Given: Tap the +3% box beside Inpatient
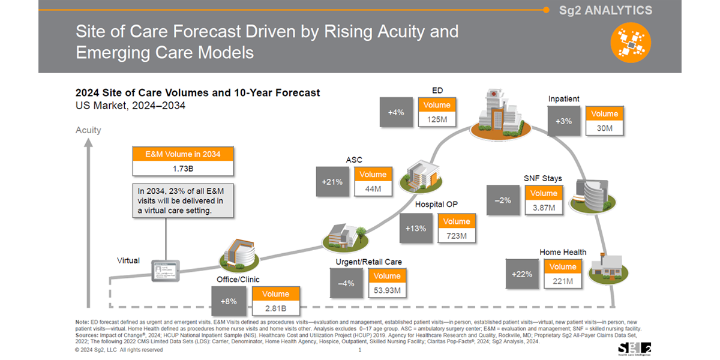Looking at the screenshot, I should pos(564,121).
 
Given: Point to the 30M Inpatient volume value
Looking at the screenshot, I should pos(604,128).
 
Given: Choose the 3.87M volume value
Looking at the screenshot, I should pos(544,208).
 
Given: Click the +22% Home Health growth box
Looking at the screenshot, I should pos(522,274).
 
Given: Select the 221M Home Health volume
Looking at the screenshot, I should pos(562,281).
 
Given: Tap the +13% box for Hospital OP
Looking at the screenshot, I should pos(415,228).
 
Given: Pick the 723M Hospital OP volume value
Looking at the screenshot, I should pos(456,236).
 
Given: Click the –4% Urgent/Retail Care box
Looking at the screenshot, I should pos(346,283).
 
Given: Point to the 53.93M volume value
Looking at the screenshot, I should pos(386,290).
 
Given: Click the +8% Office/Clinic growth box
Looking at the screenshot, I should pos(228,301).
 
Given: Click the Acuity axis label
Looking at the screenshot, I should pos(88,130).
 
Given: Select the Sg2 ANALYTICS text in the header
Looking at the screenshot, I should pos(605,10).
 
